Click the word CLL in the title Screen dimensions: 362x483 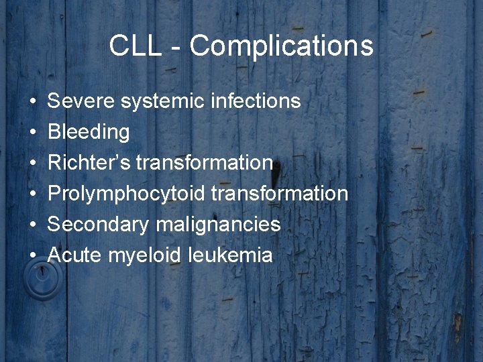(134, 46)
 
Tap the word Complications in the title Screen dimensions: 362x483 (281, 46)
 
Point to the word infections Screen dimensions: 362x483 (256, 101)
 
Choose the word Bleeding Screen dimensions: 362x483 (89, 132)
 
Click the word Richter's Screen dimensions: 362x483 (89, 163)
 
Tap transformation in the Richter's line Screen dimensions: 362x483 (205, 163)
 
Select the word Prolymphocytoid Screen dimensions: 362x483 (127, 194)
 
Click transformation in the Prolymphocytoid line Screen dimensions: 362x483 (280, 194)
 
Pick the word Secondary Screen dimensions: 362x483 (99, 225)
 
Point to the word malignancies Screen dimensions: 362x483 (218, 225)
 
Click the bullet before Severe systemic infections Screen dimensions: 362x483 (33, 102)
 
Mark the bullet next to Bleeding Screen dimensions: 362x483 (33, 133)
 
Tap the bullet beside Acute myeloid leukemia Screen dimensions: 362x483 (33, 256)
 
